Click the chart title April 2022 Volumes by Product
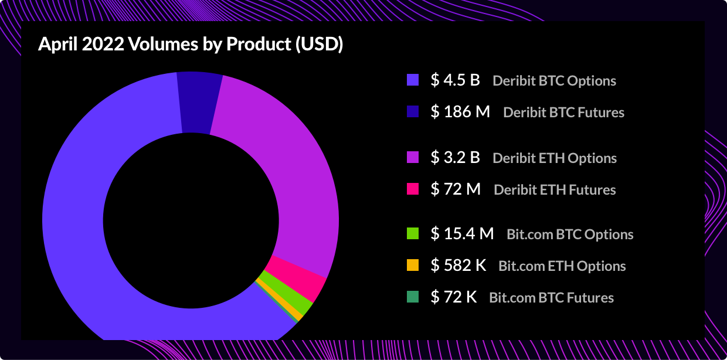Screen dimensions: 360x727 (191, 45)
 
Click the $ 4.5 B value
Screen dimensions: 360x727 (456, 80)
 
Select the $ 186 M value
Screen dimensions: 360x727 (460, 111)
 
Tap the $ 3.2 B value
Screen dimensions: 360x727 (456, 158)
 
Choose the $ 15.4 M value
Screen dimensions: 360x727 (463, 234)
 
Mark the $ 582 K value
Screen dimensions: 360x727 (458, 266)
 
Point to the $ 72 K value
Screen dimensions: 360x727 (454, 297)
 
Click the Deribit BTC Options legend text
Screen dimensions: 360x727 (554, 81)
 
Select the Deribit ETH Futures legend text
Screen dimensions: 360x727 (555, 190)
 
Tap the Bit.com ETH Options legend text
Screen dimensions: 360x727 (562, 266)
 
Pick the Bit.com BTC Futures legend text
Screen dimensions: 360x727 (551, 298)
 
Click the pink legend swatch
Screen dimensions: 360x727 (413, 189)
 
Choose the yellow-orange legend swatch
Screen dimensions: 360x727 (413, 266)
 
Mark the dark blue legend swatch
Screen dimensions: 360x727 (413, 111)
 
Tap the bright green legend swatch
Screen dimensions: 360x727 (413, 234)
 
